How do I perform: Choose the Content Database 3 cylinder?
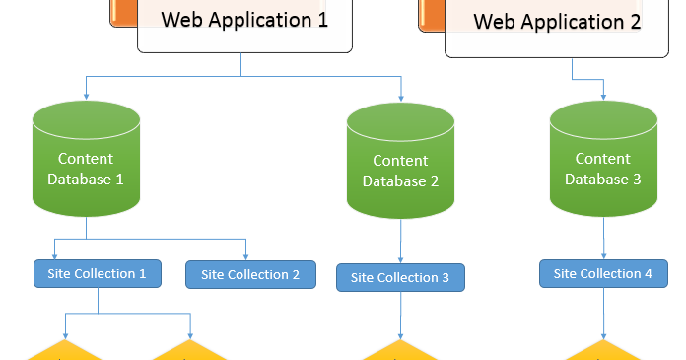603,161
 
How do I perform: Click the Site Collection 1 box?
98,273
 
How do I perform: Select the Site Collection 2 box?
250,274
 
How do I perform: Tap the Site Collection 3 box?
400,277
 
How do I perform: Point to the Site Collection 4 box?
602,273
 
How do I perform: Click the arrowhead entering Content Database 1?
87,96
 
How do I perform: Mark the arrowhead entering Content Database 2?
401,97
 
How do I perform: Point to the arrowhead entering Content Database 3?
603,96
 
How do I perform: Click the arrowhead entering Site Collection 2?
246,256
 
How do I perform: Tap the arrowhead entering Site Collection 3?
400,259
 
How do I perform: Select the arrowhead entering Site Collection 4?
603,255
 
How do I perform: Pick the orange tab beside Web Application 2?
432,14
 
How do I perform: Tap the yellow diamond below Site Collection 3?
401,351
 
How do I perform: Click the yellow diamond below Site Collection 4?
603,351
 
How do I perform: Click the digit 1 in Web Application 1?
322,19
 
